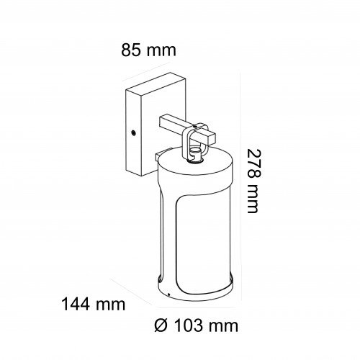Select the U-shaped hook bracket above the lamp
click(x=193, y=142)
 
